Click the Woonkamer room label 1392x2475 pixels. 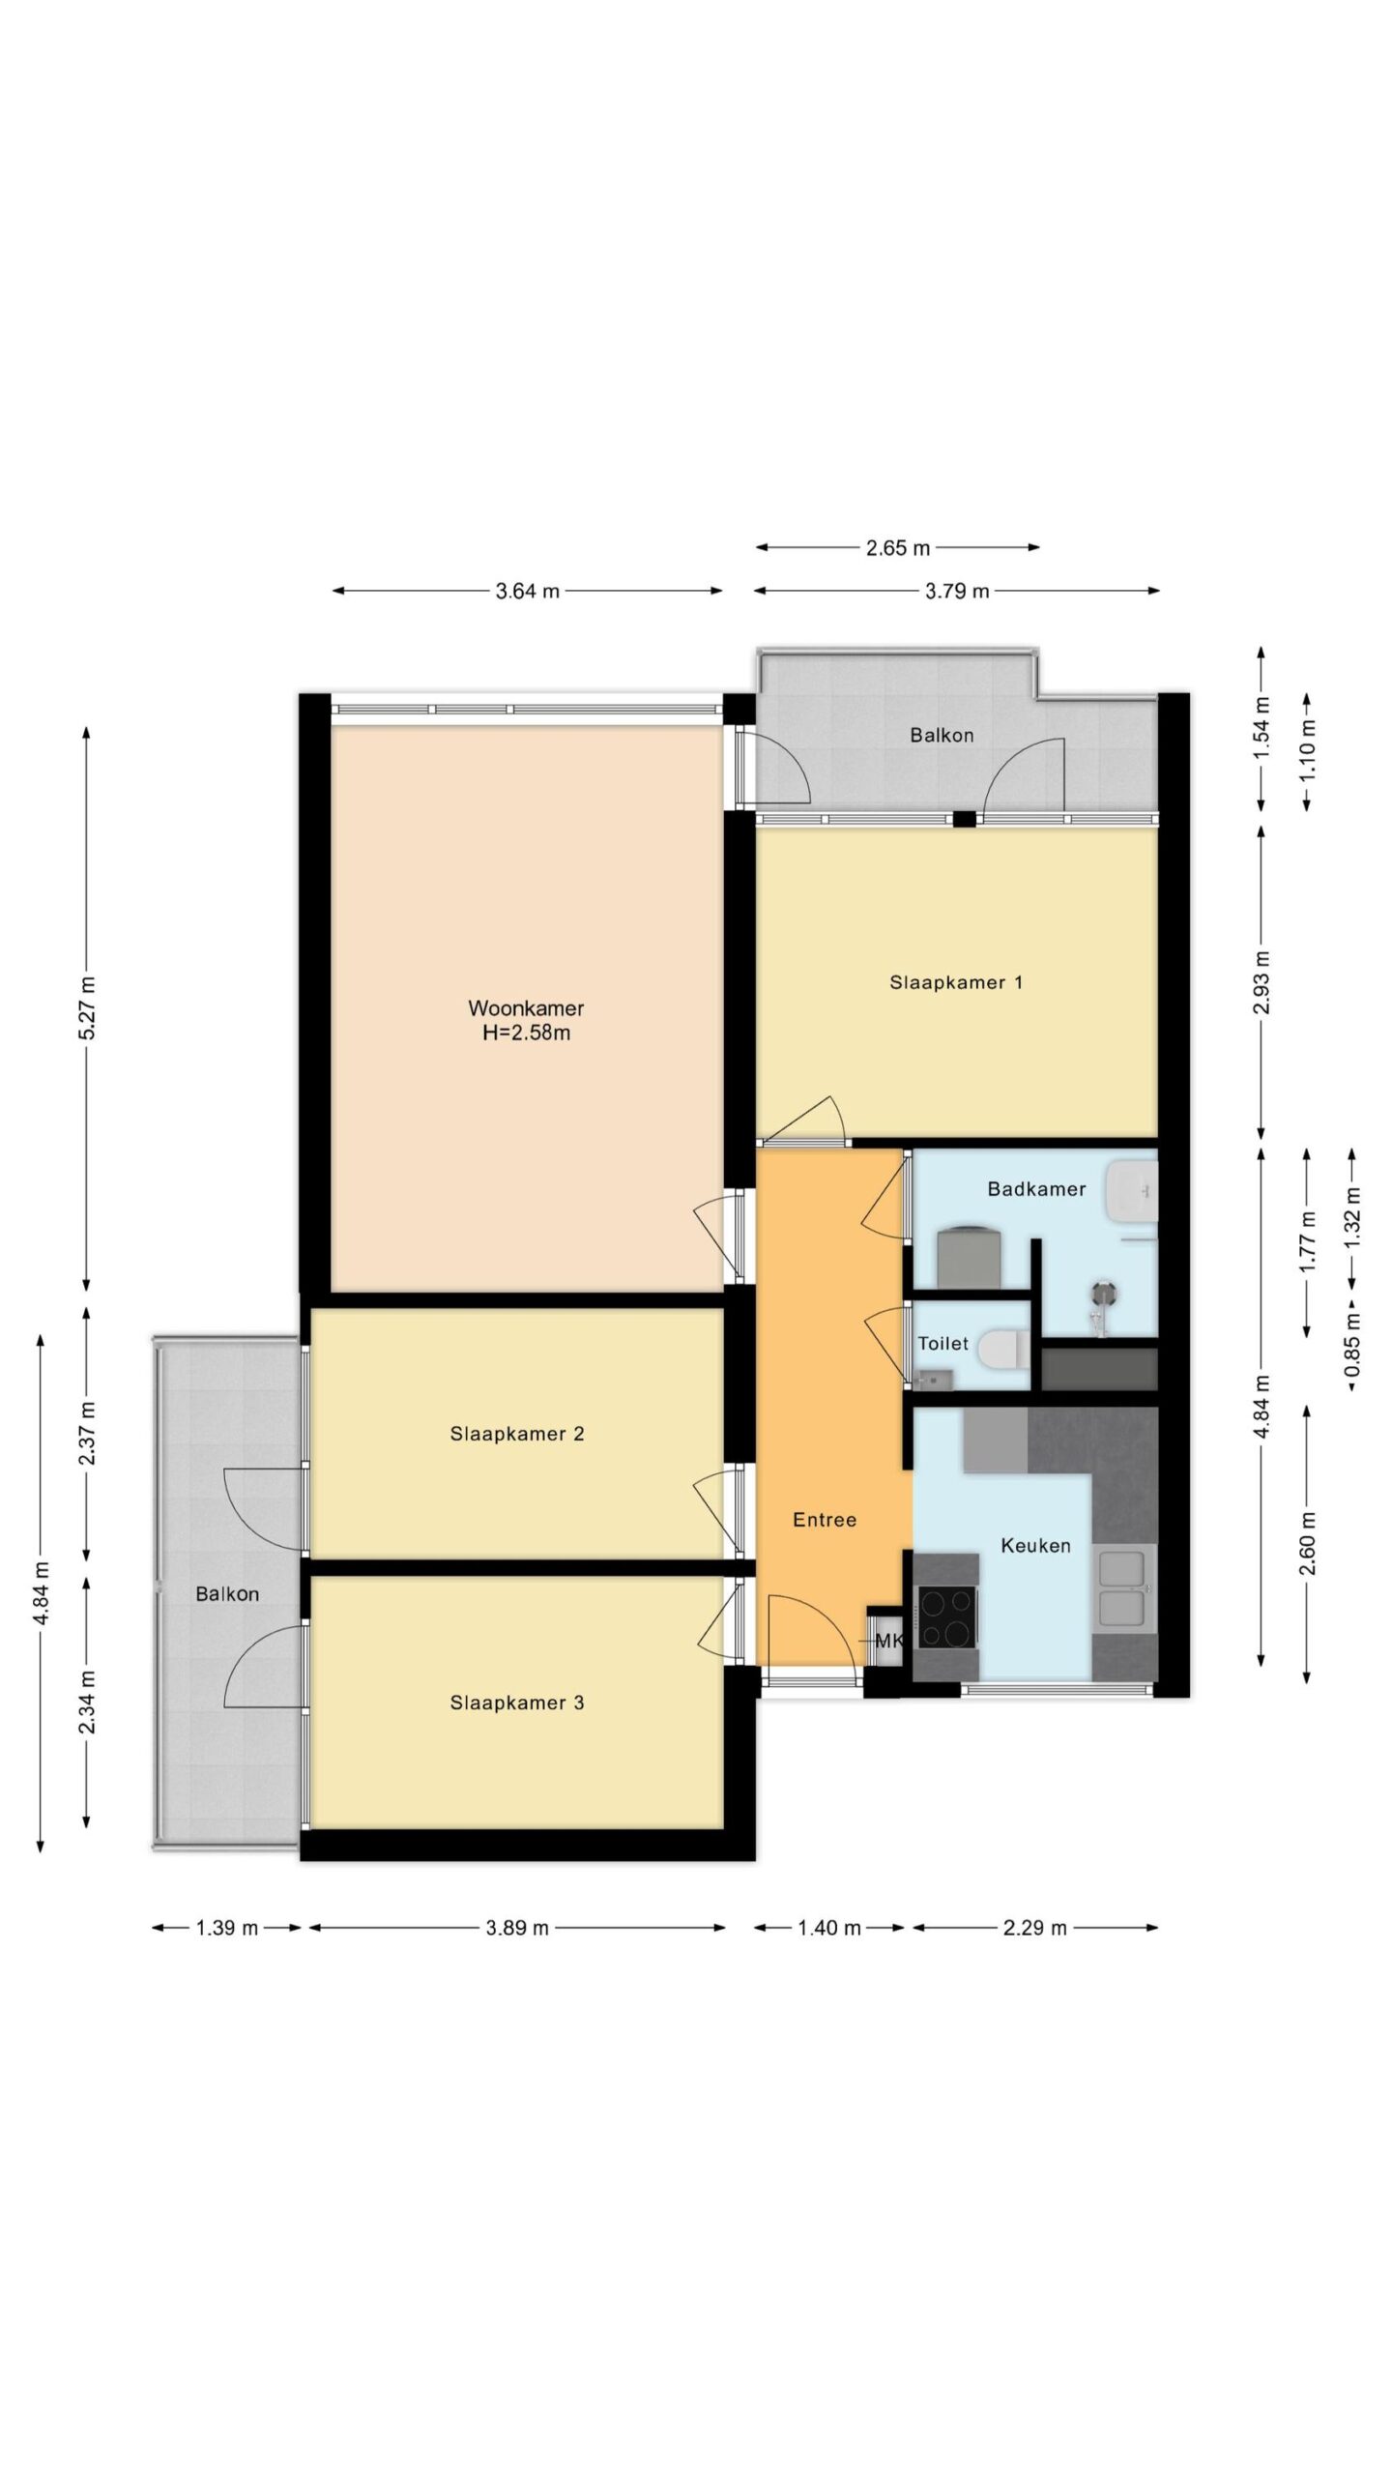tap(526, 1008)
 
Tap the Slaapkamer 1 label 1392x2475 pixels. tap(956, 982)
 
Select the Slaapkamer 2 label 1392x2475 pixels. tap(517, 1434)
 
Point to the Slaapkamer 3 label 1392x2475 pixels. tap(517, 1703)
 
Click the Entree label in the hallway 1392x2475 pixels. tap(825, 1520)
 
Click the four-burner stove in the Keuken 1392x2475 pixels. tap(946, 1617)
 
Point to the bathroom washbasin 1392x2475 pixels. tap(1132, 1188)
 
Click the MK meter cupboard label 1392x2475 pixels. tap(887, 1641)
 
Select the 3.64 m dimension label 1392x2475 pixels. tap(528, 591)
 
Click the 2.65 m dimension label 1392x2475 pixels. tap(897, 548)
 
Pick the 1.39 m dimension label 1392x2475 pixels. tap(227, 1928)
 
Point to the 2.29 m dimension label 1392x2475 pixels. tap(1034, 1928)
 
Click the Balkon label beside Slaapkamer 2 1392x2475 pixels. tap(227, 1594)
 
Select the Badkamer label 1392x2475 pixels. tap(1036, 1189)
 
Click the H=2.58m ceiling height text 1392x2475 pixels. tap(527, 1033)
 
